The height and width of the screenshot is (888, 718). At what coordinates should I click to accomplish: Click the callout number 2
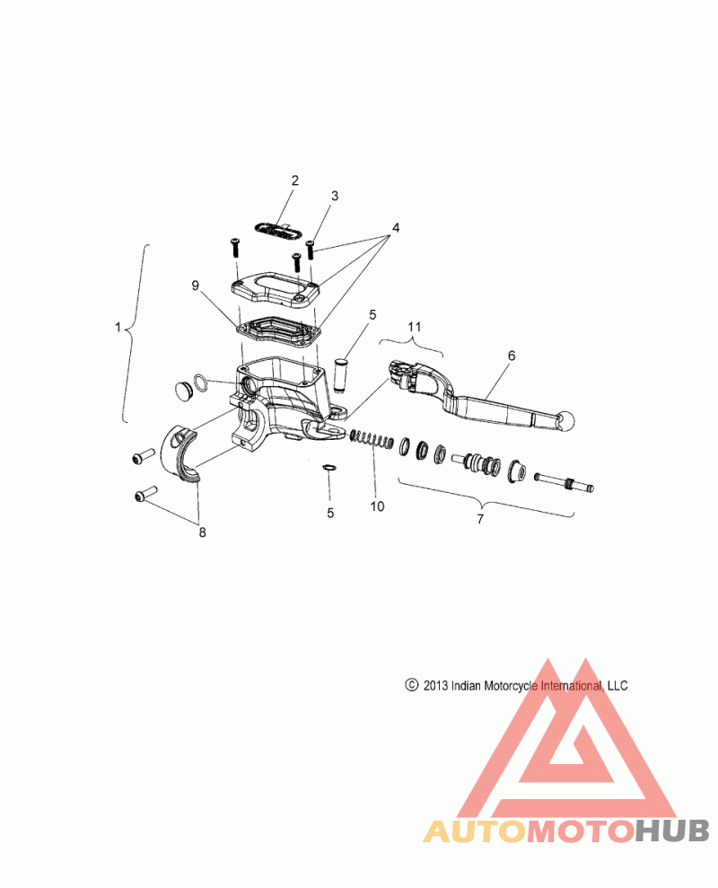tap(294, 180)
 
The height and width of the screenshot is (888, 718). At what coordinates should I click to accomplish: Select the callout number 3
tap(335, 196)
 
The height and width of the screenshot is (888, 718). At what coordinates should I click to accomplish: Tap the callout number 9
tap(196, 286)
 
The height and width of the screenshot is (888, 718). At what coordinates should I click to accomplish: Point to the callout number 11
tap(415, 327)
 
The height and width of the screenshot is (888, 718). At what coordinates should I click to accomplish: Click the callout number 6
tap(512, 356)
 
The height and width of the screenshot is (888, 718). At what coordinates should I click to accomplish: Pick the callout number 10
tap(377, 506)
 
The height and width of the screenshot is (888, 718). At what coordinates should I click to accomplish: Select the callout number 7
tap(480, 519)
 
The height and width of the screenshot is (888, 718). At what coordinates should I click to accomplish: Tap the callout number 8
tap(202, 532)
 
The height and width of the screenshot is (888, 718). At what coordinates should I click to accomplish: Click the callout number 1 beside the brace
tap(118, 328)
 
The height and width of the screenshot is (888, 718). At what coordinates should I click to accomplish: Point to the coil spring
tap(371, 439)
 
